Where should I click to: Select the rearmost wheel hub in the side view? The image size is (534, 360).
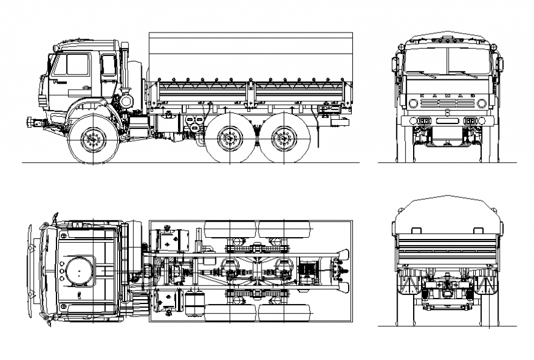[282, 139]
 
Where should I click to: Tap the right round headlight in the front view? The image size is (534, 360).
[481, 103]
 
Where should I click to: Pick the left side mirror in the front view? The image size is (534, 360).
[395, 64]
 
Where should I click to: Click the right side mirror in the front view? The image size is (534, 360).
[500, 64]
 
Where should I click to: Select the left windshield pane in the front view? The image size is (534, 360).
[427, 60]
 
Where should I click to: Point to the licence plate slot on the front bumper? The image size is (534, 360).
[447, 121]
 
